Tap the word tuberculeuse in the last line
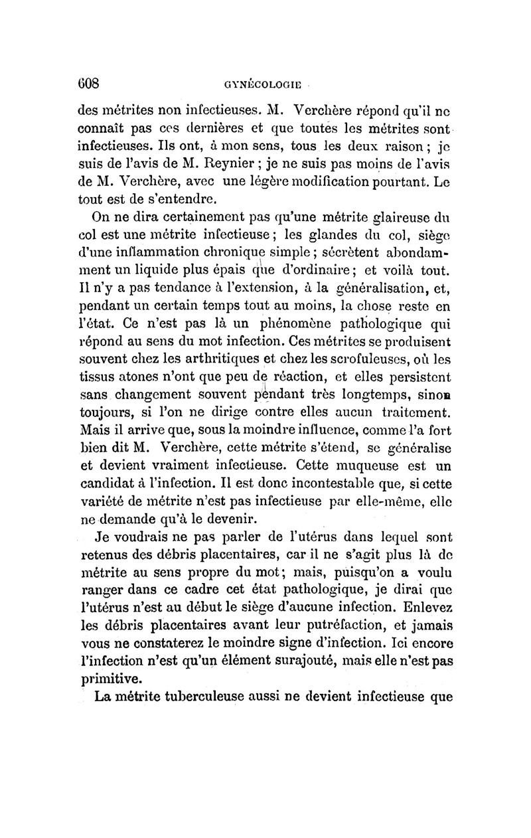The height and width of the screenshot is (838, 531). tap(204, 698)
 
